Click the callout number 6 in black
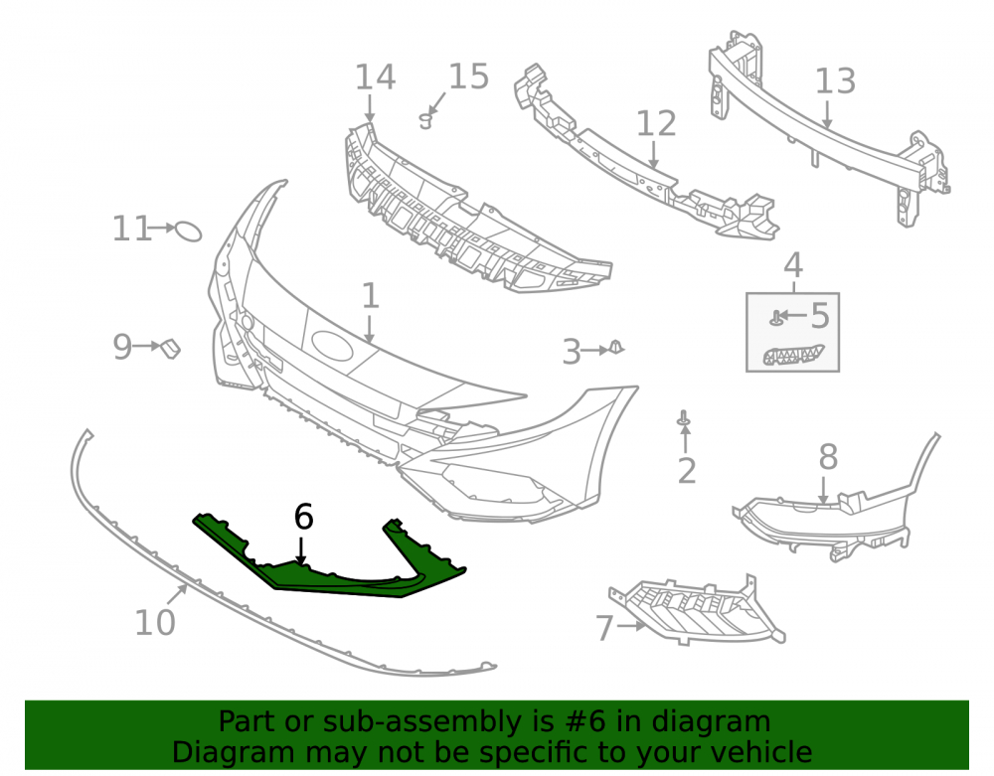click(303, 517)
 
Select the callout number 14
click(376, 78)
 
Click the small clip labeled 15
click(426, 119)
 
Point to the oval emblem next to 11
click(188, 232)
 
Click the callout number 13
click(835, 81)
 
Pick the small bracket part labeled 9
click(170, 348)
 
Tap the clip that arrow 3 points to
click(616, 347)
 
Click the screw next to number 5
click(774, 318)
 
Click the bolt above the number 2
click(684, 418)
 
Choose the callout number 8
click(828, 457)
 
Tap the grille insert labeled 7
click(698, 612)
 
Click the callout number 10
click(155, 623)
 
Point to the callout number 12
click(656, 123)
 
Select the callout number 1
click(370, 296)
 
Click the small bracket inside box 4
click(793, 355)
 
